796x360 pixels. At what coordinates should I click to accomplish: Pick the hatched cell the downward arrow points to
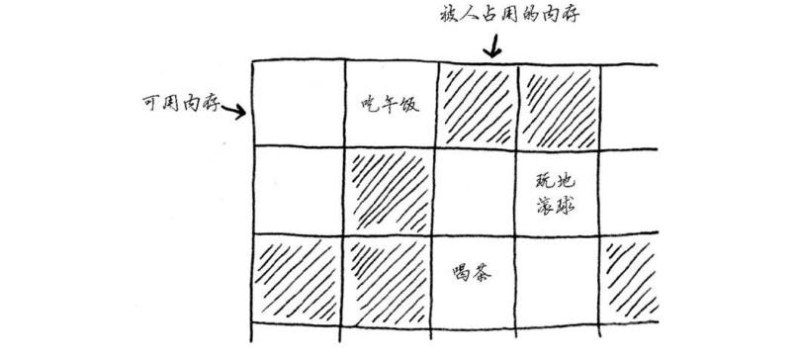coord(477,104)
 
